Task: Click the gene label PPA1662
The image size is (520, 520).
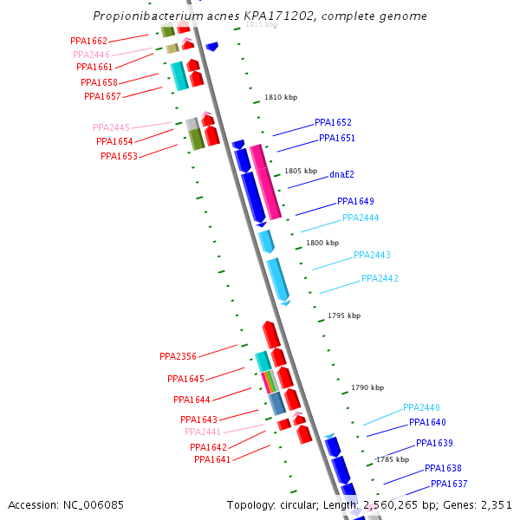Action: click(88, 41)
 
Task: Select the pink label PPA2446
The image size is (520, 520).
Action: click(91, 54)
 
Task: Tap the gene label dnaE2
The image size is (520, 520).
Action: click(341, 174)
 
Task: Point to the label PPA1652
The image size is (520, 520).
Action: click(333, 122)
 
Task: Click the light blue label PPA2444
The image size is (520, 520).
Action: click(361, 218)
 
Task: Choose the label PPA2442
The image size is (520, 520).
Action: click(380, 278)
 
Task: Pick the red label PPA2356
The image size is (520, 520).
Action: click(178, 356)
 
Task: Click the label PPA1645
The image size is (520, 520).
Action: click(185, 379)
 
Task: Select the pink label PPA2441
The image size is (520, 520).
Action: click(203, 432)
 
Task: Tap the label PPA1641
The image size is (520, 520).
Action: click(212, 459)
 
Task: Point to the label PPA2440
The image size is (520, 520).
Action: click(421, 407)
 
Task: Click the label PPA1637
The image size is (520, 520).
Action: click(449, 484)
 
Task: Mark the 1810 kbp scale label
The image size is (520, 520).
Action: click(279, 98)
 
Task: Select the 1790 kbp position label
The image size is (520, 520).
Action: click(367, 387)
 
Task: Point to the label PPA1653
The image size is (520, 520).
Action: click(119, 156)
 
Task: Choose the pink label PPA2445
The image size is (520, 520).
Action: click(111, 127)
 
